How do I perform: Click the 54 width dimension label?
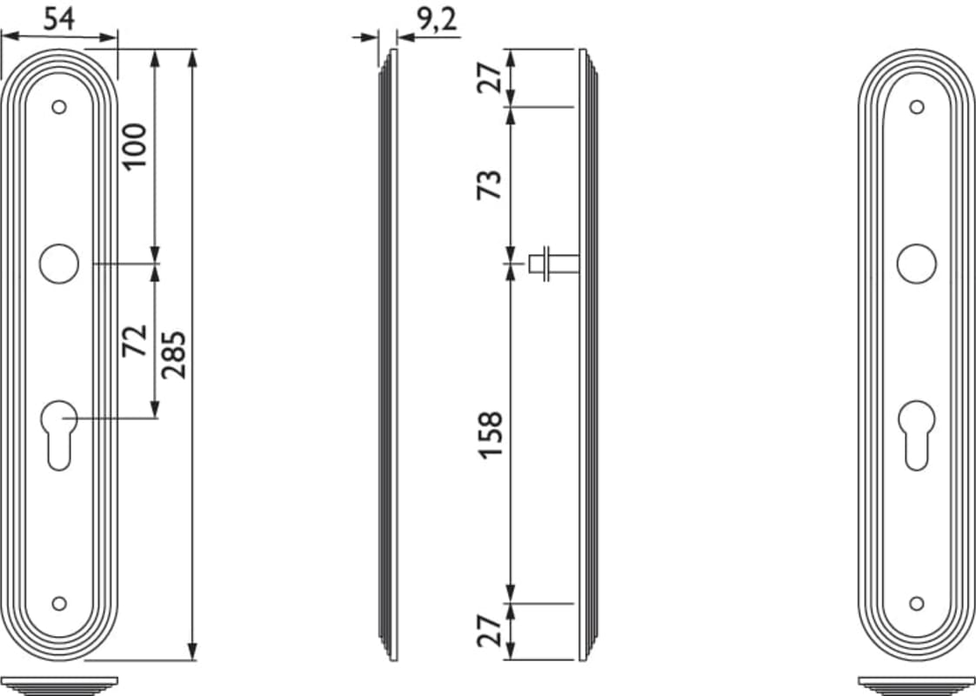[x=59, y=18]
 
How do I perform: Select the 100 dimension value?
[x=135, y=145]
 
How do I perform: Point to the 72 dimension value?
[x=135, y=340]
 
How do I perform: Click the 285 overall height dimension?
[x=174, y=355]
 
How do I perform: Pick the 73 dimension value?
[x=489, y=184]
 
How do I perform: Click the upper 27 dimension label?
[x=489, y=77]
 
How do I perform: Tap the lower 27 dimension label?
[x=489, y=630]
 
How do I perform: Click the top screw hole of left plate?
[x=59, y=107]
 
